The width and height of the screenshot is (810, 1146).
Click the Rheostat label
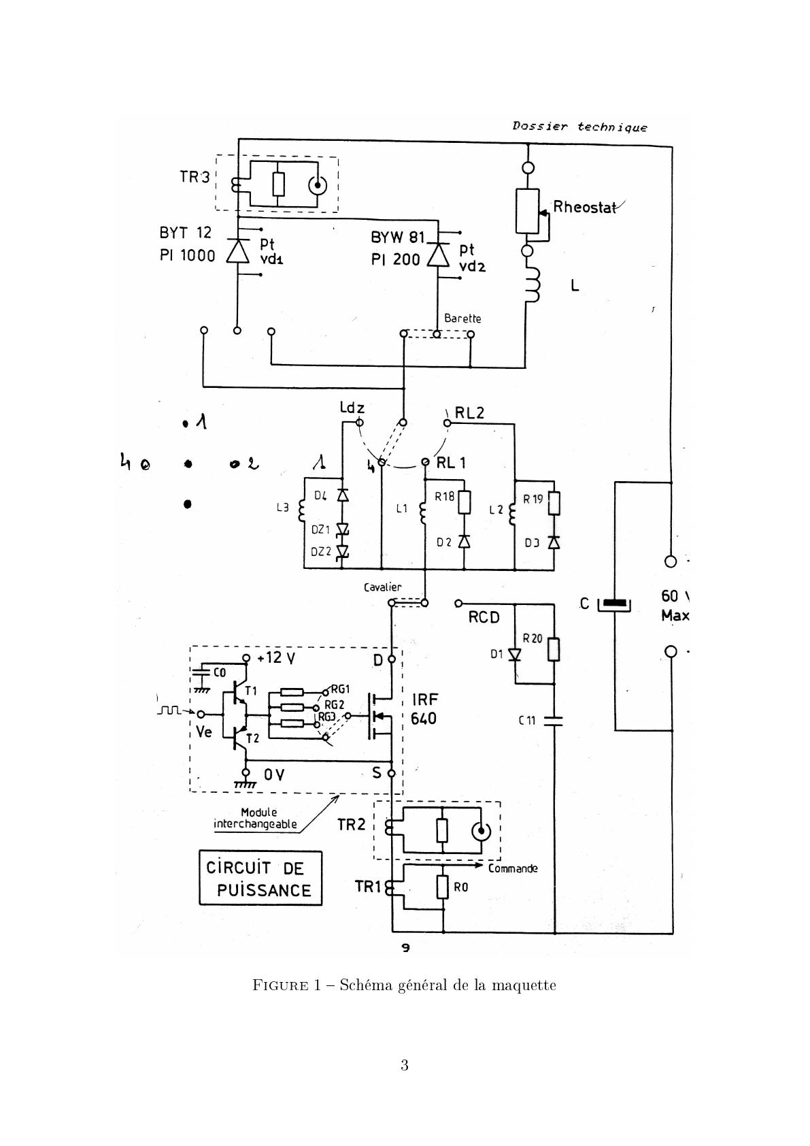point(584,207)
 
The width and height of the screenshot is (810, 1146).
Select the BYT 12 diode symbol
point(238,252)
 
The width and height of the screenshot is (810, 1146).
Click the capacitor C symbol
point(614,604)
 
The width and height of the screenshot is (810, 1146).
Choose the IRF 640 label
point(424,709)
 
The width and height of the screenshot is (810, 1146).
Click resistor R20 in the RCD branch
point(554,649)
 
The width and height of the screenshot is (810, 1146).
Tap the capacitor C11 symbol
point(554,720)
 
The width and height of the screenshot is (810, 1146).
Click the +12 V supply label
point(276,658)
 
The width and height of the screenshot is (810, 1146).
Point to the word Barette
point(462,318)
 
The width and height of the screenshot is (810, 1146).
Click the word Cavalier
point(382,587)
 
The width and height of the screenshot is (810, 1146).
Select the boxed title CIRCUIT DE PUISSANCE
point(260,879)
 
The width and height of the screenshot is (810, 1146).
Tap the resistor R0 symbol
point(443,887)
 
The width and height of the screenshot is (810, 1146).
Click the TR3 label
point(195,177)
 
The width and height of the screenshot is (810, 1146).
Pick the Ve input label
point(203,732)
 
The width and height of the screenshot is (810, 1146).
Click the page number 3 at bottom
point(404,1065)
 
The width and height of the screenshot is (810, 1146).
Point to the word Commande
point(513,868)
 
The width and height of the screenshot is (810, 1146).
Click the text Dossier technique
point(579,127)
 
